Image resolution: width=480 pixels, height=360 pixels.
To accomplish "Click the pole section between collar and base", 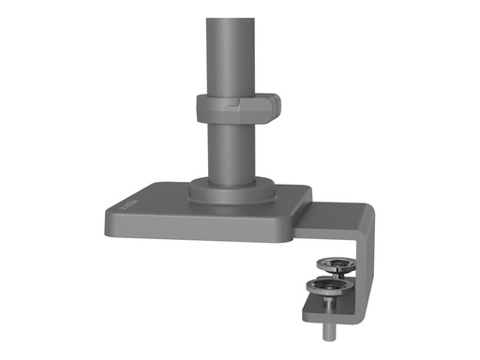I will [x=226, y=150].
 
